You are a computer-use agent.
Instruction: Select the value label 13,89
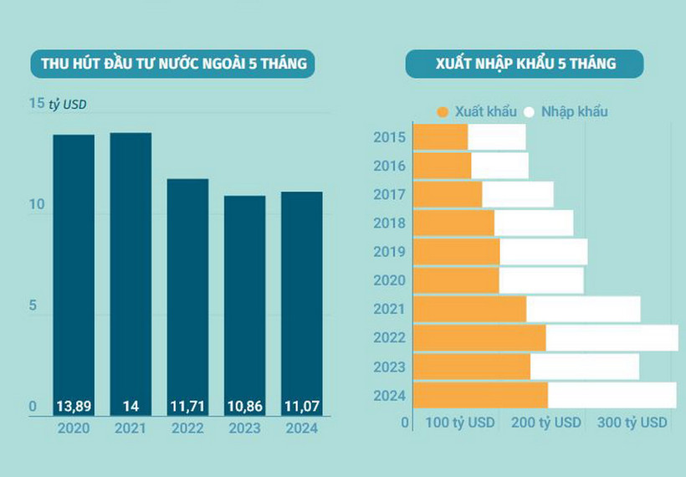click(x=74, y=407)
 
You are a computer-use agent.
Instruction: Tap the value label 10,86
click(x=244, y=407)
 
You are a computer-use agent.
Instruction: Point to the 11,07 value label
click(x=301, y=407)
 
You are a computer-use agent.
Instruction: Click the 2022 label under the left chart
click(x=187, y=428)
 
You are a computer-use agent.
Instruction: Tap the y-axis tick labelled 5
click(x=33, y=305)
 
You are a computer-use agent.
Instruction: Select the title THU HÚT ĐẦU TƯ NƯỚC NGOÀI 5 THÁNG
click(x=168, y=64)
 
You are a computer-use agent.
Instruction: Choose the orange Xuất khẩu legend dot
click(x=443, y=111)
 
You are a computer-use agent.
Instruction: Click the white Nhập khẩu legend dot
click(x=529, y=111)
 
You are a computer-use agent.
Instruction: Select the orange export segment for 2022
click(x=479, y=338)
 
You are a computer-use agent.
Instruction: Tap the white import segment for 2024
click(x=612, y=395)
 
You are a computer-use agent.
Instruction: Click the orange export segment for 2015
click(x=441, y=137)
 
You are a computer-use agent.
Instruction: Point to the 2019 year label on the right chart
click(x=390, y=252)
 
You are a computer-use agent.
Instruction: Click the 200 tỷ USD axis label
click(x=545, y=423)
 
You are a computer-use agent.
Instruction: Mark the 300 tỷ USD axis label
click(x=632, y=423)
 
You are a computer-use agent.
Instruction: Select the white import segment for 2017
click(x=518, y=194)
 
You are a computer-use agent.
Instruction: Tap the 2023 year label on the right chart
click(x=390, y=367)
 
